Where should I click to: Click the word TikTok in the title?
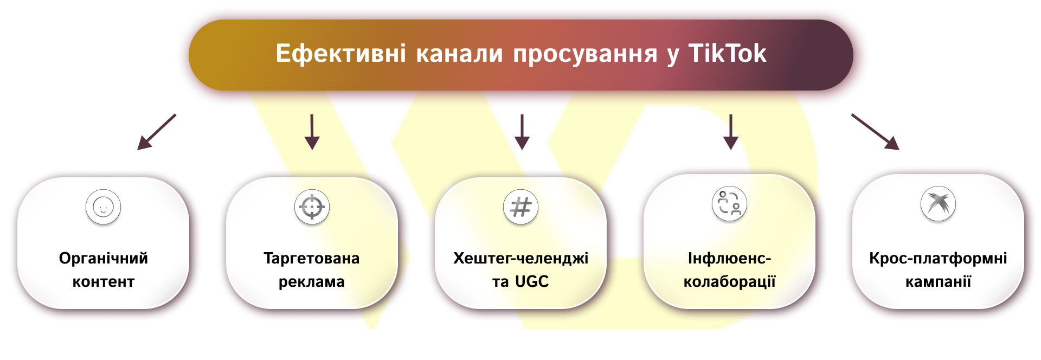pos(727,53)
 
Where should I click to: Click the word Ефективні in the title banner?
pos(340,53)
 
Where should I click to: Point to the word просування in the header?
pos(585,54)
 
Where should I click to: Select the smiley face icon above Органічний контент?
pos(103,207)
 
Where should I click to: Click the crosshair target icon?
pos(312,207)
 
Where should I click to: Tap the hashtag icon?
pos(520,207)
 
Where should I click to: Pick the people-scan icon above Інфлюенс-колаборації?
pos(729,204)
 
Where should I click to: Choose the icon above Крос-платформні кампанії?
pos(938,204)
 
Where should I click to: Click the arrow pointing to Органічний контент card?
pos(157,132)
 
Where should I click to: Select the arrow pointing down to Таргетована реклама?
pos(312,132)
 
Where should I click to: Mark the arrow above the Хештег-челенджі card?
pos(522,132)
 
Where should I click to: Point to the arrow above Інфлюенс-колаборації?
pos(731,132)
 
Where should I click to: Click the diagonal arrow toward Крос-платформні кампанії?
pos(875,132)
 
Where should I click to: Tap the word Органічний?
pos(104,258)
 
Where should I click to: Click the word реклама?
pos(312,282)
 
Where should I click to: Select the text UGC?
pos(532,281)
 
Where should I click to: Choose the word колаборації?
pos(729,282)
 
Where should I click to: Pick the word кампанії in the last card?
pos(938,281)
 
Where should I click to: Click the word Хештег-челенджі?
pos(520,259)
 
